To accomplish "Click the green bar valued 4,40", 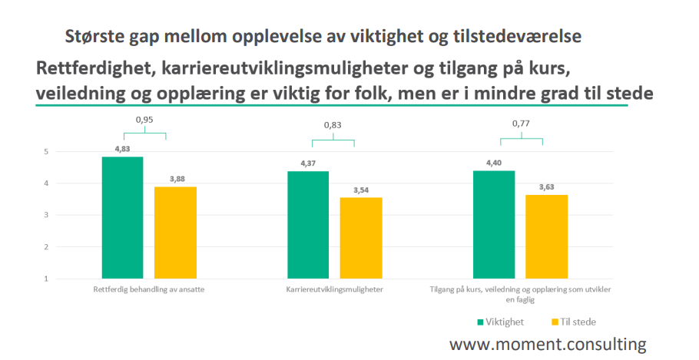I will (x=494, y=224).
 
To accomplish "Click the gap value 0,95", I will (x=144, y=120).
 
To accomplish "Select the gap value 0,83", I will (x=333, y=126).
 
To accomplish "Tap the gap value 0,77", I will (x=522, y=124).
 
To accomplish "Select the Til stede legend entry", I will (x=574, y=322).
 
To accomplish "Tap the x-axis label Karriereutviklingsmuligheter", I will (x=334, y=290).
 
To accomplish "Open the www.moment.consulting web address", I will (x=548, y=343).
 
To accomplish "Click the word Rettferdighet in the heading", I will (x=93, y=68).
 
